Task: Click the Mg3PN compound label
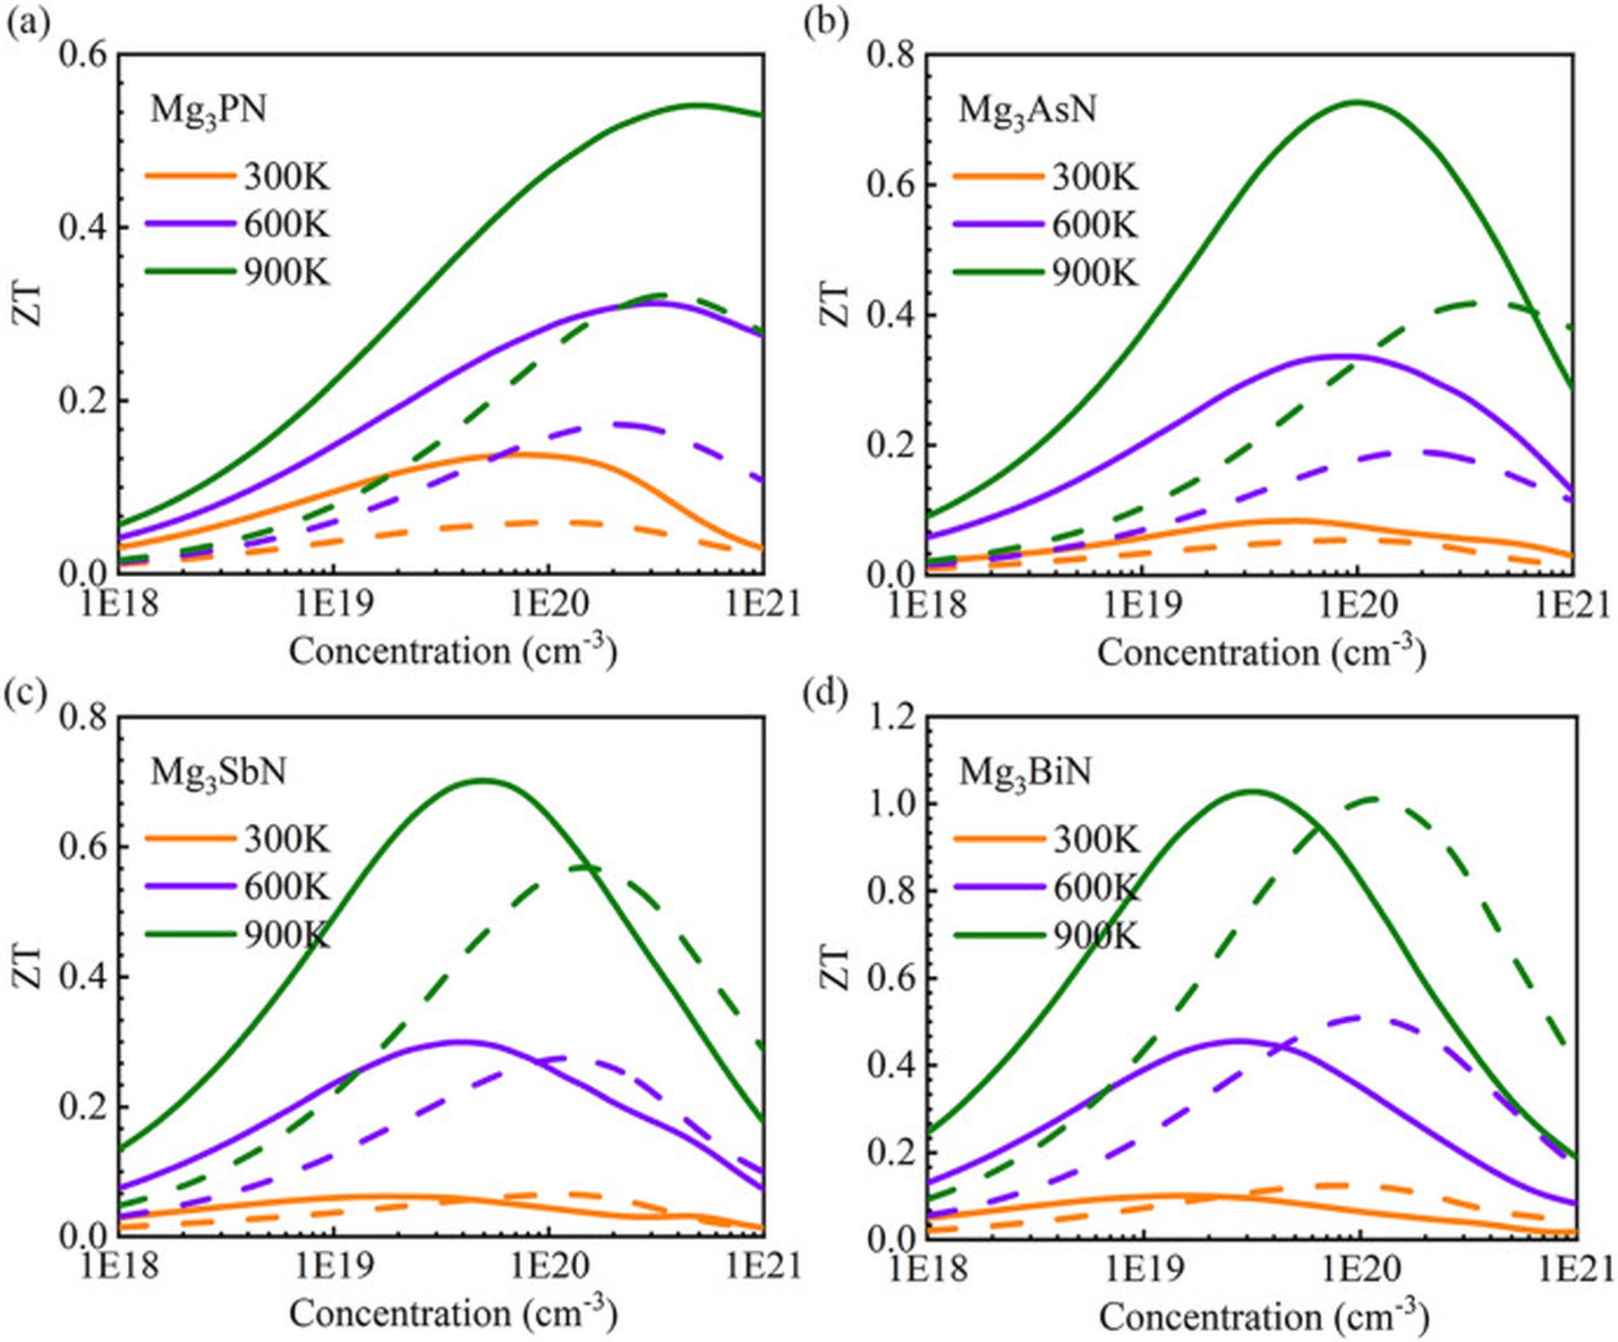pyautogui.click(x=208, y=110)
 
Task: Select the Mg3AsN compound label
pyautogui.click(x=1026, y=110)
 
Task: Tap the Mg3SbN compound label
pyautogui.click(x=217, y=772)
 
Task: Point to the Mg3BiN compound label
pyautogui.click(x=1025, y=772)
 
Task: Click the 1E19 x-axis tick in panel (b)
pyautogui.click(x=1142, y=606)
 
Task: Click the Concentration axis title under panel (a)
pyautogui.click(x=452, y=650)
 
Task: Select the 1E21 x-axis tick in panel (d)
pyautogui.click(x=1572, y=1268)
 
